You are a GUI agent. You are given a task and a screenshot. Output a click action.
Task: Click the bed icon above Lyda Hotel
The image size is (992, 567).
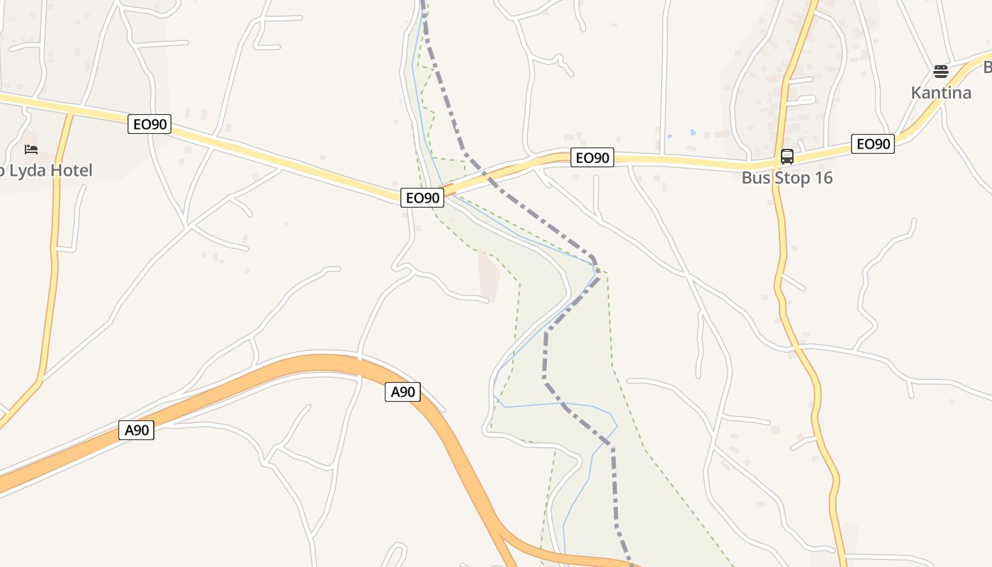(x=30, y=150)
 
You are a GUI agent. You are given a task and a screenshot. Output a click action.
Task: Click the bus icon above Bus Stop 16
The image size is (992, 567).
(x=787, y=157)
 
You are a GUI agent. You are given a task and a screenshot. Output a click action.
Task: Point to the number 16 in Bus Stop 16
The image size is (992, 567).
(x=822, y=178)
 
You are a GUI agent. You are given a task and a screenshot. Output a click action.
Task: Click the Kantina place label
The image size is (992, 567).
(x=940, y=93)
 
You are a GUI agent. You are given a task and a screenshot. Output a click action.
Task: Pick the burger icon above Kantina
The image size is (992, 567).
(x=940, y=72)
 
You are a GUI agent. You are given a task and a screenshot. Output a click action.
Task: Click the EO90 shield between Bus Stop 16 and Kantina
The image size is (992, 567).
(x=872, y=144)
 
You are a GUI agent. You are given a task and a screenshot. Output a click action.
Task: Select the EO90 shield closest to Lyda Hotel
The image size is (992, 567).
(x=150, y=125)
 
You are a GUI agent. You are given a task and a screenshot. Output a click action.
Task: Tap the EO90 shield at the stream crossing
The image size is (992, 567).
(x=422, y=198)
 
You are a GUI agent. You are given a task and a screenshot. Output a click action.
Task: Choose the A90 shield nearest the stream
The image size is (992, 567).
(x=402, y=391)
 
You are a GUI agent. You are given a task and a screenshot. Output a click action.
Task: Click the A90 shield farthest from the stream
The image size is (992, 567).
(x=135, y=430)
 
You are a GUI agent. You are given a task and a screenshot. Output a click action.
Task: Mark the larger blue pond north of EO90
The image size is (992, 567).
(x=692, y=133)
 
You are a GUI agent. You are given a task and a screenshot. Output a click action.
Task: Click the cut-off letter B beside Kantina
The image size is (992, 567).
(x=987, y=67)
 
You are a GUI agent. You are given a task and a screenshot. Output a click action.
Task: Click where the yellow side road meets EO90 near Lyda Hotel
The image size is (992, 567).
(x=72, y=112)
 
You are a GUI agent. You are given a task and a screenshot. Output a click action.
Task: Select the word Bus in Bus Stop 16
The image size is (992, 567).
(x=755, y=178)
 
